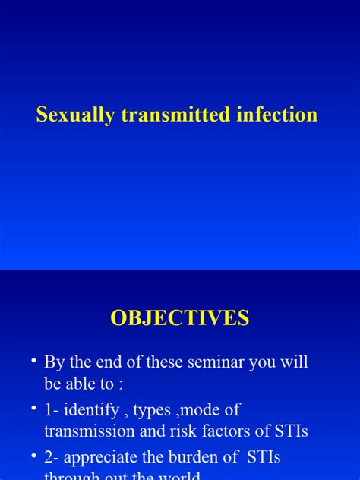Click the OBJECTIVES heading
click(180, 317)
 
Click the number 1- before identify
click(52, 409)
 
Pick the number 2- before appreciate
click(52, 457)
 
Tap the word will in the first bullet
click(293, 362)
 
